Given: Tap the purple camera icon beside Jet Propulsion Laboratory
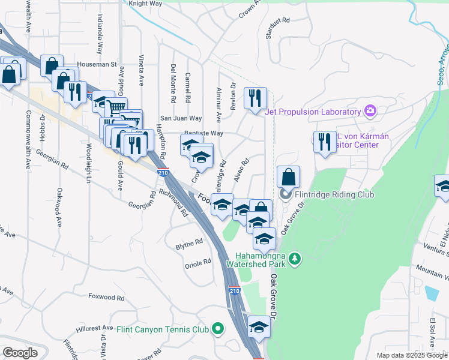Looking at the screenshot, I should pyautogui.click(x=370, y=111).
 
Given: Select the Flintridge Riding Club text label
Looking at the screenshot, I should pyautogui.click(x=334, y=195).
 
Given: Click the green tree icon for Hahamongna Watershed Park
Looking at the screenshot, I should pyautogui.click(x=294, y=259).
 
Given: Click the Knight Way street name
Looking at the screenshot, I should pyautogui.click(x=146, y=4).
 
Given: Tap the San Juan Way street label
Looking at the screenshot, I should pyautogui.click(x=180, y=119).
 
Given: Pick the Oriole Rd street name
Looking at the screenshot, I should pyautogui.click(x=198, y=262).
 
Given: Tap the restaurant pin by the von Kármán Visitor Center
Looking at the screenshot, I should pyautogui.click(x=325, y=142).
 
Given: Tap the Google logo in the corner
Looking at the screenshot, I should pyautogui.click(x=20, y=353).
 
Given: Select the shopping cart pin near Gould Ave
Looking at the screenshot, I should pyautogui.click(x=115, y=109).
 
